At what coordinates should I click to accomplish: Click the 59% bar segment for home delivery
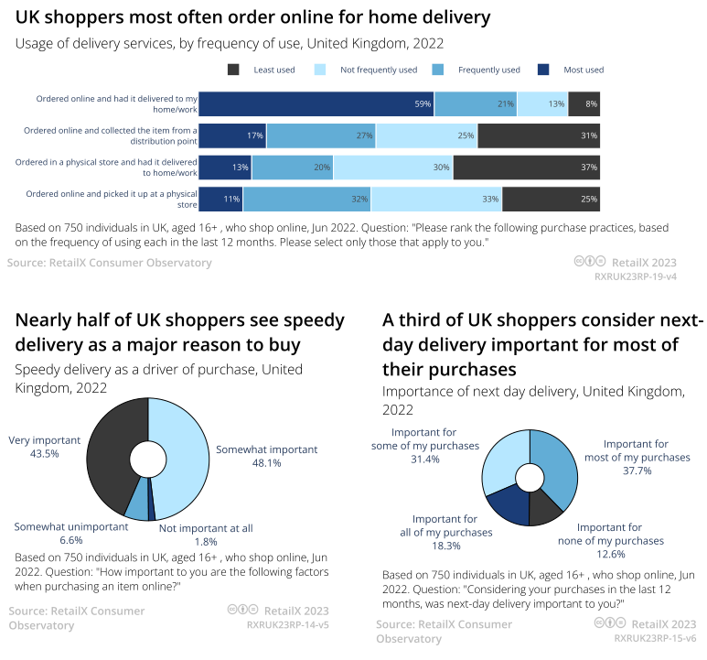coord(316,104)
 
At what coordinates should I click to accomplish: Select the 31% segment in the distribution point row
coord(538,135)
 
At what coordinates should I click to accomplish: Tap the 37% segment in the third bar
coord(526,168)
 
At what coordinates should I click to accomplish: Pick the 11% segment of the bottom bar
coord(220,199)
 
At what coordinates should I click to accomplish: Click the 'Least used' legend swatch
coord(233,70)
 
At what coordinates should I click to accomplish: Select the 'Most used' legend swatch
coord(543,70)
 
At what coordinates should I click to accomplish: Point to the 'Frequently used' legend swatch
coord(437,70)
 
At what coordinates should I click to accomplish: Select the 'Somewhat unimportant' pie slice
coord(136,505)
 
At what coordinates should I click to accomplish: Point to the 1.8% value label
coord(206,541)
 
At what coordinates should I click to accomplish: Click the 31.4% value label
coord(425,460)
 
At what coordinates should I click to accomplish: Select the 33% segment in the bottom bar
coord(436,199)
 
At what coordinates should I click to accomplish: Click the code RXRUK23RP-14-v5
coord(288,625)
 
